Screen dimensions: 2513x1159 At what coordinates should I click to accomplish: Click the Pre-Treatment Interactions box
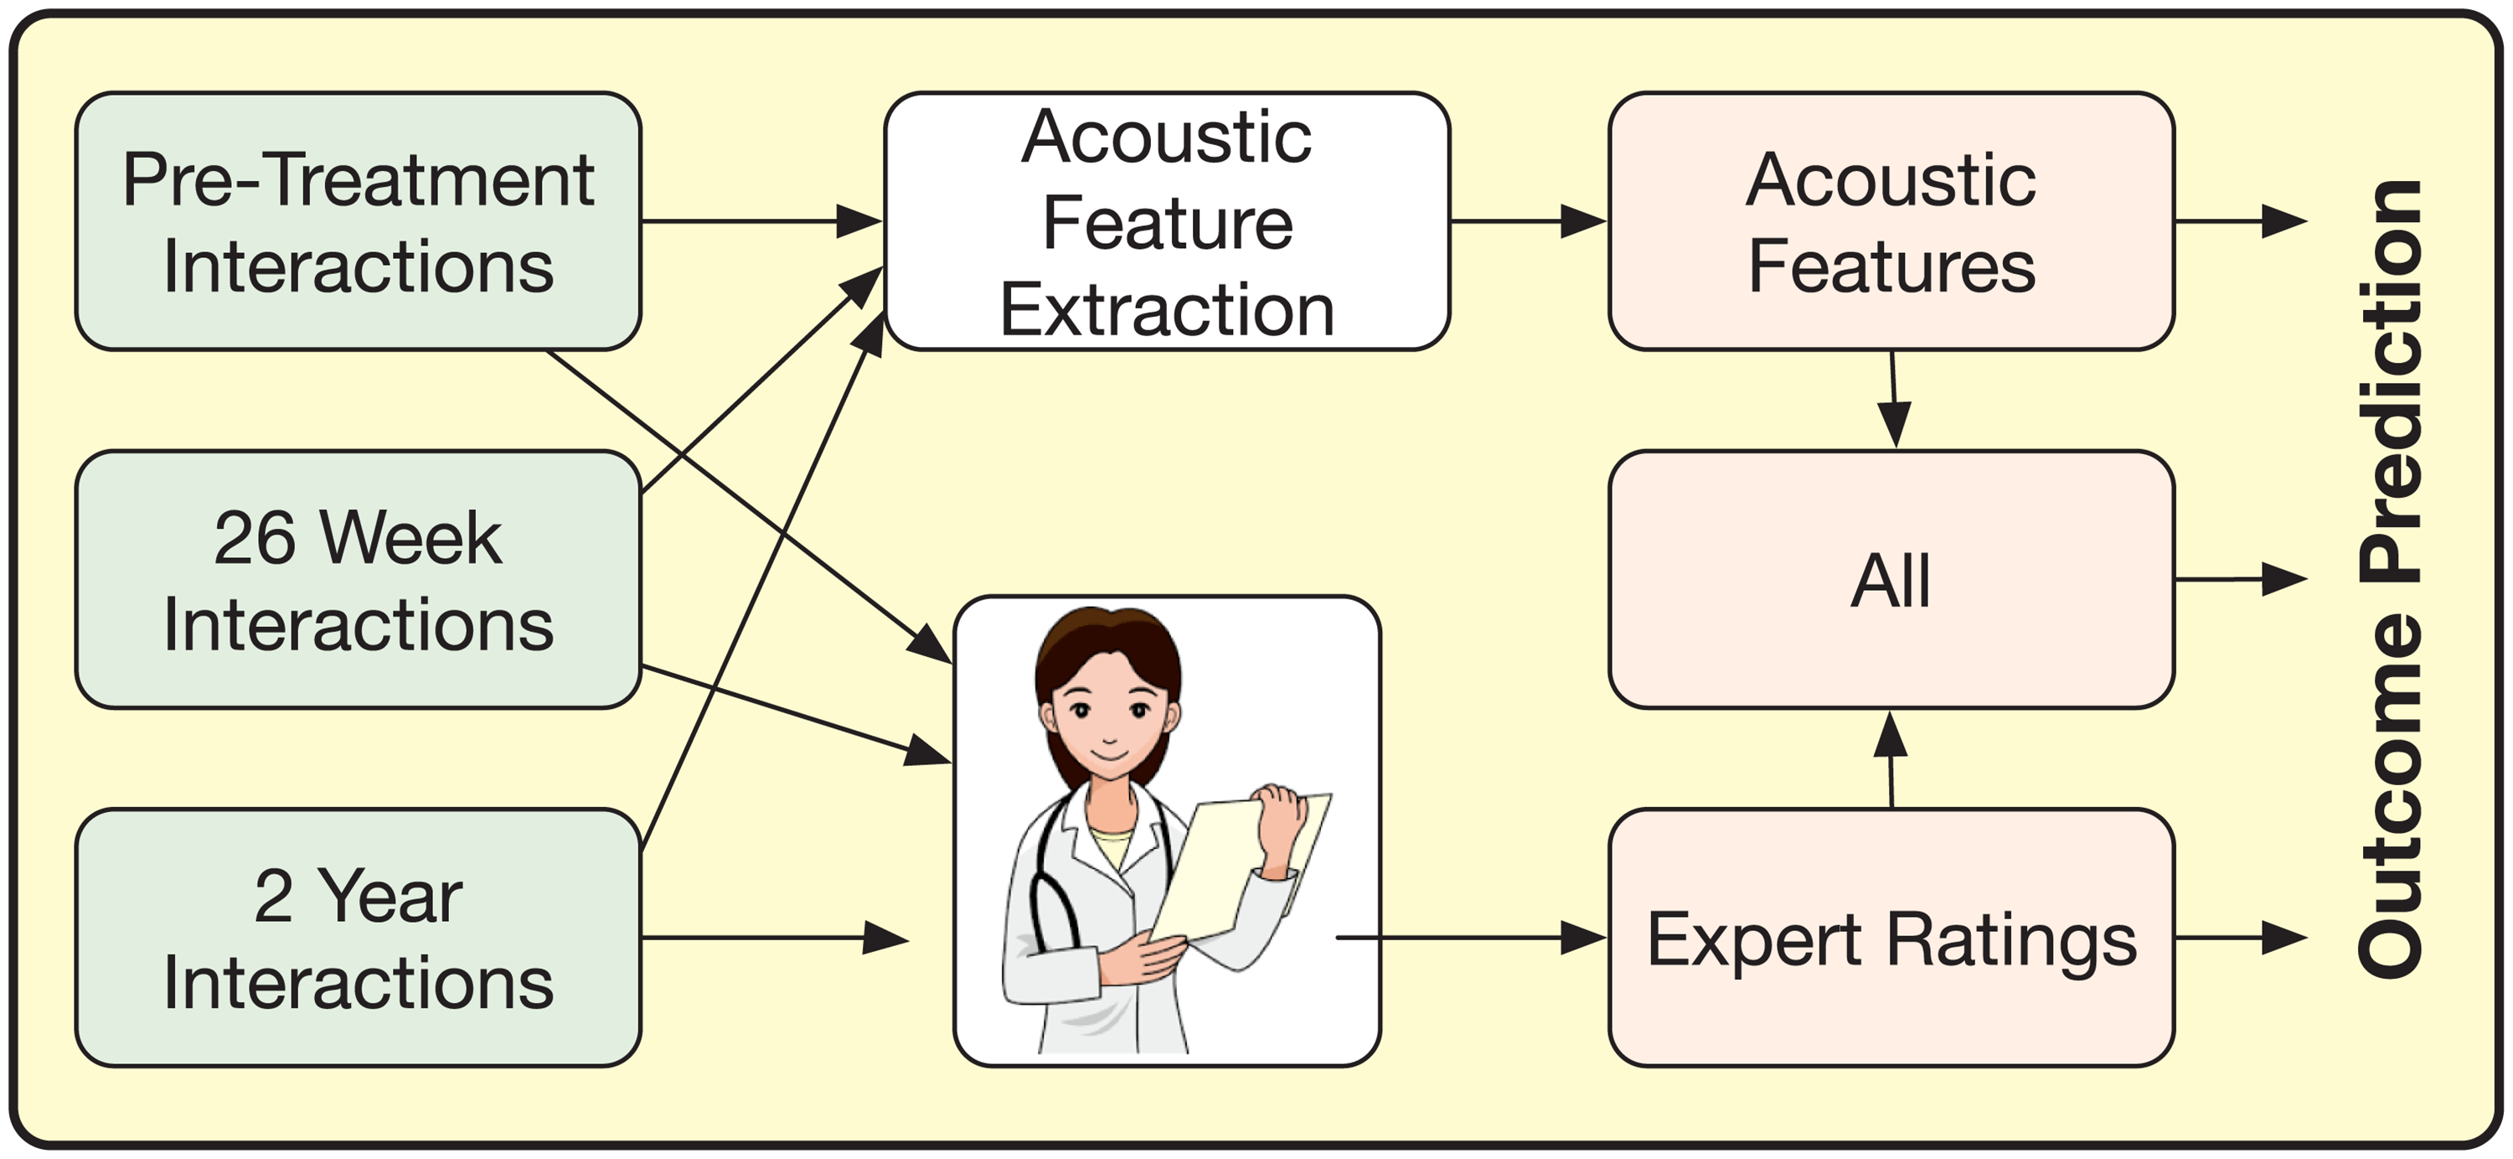coord(358,221)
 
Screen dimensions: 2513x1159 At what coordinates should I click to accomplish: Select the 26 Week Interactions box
coord(358,580)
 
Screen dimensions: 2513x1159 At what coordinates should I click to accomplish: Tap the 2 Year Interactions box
coord(358,938)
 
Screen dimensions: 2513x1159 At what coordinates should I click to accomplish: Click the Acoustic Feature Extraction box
coord(1167,221)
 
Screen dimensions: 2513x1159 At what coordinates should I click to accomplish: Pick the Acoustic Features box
coord(1891,221)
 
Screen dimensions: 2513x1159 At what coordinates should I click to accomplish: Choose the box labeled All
coord(1891,580)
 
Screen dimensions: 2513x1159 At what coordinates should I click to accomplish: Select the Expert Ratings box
coord(1891,938)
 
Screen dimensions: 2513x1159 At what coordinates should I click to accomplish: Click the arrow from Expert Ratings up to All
coord(1891,759)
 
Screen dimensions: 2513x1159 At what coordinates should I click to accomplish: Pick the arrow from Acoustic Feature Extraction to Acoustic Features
coord(1529,221)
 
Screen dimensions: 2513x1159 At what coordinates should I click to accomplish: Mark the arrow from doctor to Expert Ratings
coord(1471,939)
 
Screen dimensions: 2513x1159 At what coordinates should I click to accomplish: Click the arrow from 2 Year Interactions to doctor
coord(776,939)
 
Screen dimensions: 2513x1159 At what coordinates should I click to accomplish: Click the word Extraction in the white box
coord(1167,309)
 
